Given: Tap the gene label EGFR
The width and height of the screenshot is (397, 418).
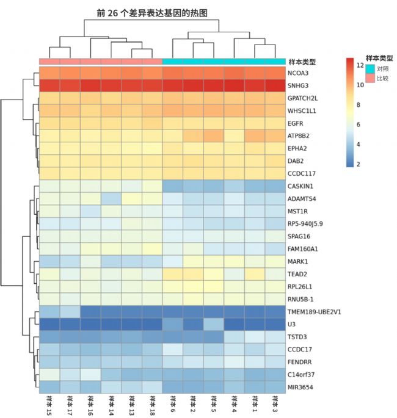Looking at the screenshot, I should (x=296, y=123).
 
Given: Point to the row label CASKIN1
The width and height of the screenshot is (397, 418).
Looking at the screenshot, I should (x=301, y=186).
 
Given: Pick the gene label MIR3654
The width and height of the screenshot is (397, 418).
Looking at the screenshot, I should (x=301, y=387).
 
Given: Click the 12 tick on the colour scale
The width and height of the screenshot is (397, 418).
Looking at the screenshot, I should (x=360, y=65).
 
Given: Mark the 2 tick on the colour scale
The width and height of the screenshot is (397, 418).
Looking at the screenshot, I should (x=360, y=164).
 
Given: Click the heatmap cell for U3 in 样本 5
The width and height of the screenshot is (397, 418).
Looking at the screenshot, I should (x=213, y=324).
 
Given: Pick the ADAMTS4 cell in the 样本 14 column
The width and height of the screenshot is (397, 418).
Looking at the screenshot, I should (x=111, y=198).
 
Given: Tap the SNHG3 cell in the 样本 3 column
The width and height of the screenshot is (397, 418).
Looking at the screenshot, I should (x=275, y=85).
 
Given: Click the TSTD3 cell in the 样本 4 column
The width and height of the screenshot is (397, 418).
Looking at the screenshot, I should (x=234, y=336).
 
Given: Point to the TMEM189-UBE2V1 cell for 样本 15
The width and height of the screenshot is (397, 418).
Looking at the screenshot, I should (x=49, y=311).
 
